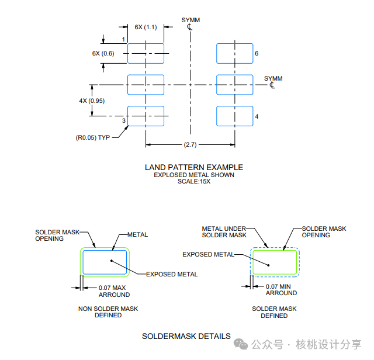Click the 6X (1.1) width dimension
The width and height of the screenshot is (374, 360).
(x=146, y=27)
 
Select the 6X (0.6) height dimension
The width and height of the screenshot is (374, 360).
(x=103, y=53)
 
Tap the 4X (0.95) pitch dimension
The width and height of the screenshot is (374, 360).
(x=91, y=101)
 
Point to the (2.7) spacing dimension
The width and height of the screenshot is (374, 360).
(x=190, y=144)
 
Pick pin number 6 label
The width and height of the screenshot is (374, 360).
(x=257, y=53)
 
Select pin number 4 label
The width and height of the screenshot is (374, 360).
(x=257, y=117)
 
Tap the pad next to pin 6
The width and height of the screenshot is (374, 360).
(x=234, y=53)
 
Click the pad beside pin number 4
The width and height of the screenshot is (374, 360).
(x=234, y=116)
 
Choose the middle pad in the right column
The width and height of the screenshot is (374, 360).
(x=234, y=85)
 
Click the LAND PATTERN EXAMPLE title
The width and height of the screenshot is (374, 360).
(x=194, y=167)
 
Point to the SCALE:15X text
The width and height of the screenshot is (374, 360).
(x=194, y=181)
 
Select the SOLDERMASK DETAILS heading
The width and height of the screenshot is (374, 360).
(x=186, y=337)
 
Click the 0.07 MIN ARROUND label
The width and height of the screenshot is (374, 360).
(x=281, y=290)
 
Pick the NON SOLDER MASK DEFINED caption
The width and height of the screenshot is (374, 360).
(x=108, y=312)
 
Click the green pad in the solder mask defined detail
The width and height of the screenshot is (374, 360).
(x=275, y=262)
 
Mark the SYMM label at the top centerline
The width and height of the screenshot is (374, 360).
(x=191, y=20)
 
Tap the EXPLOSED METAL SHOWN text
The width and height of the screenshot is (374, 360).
(x=194, y=175)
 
